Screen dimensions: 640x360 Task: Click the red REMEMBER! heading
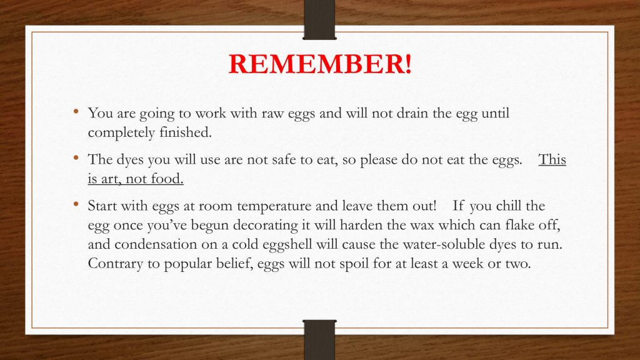tap(320, 64)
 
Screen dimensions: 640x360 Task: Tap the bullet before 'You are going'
tap(76, 111)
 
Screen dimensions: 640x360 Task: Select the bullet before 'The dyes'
tap(76, 157)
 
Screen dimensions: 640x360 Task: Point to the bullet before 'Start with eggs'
tap(76, 203)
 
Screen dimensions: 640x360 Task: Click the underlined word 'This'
tap(552, 159)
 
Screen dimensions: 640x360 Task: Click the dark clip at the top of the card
tap(319, 19)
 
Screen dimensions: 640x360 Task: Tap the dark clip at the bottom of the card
tap(319, 339)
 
